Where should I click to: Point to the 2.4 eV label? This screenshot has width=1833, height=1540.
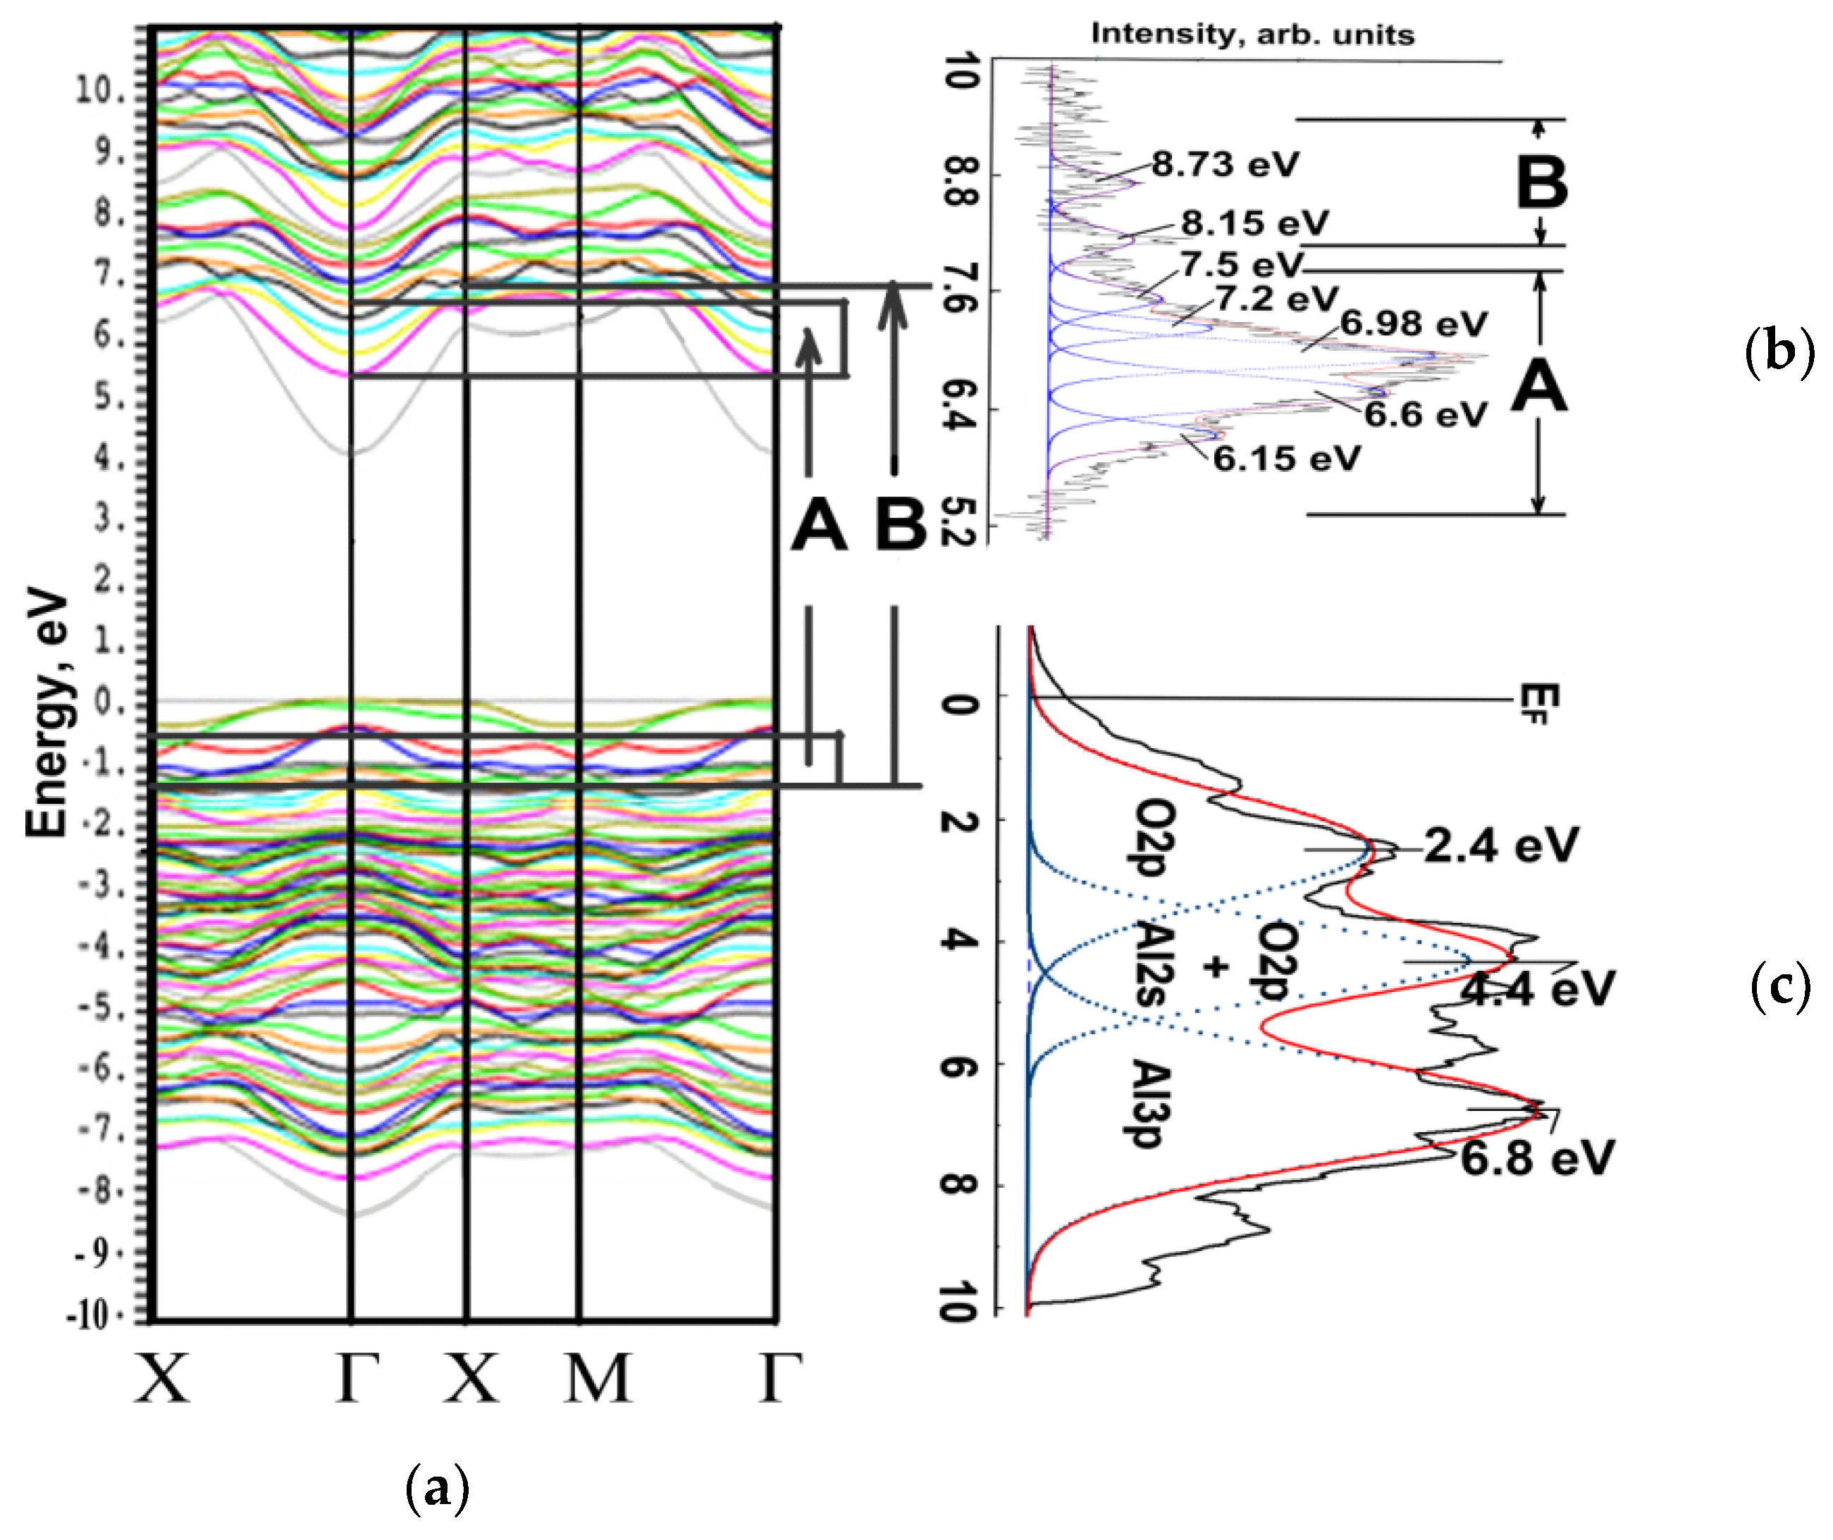coord(1500,846)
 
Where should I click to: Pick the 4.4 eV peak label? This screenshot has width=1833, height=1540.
coord(1537,989)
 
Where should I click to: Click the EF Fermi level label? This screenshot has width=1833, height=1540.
coord(1538,704)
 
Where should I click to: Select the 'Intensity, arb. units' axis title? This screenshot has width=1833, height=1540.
coord(1252,34)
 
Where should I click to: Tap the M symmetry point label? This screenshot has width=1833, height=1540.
coord(598,1379)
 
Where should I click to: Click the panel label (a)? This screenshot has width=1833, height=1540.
coord(438,1489)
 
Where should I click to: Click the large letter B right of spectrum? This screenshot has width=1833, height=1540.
coord(1541,183)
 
